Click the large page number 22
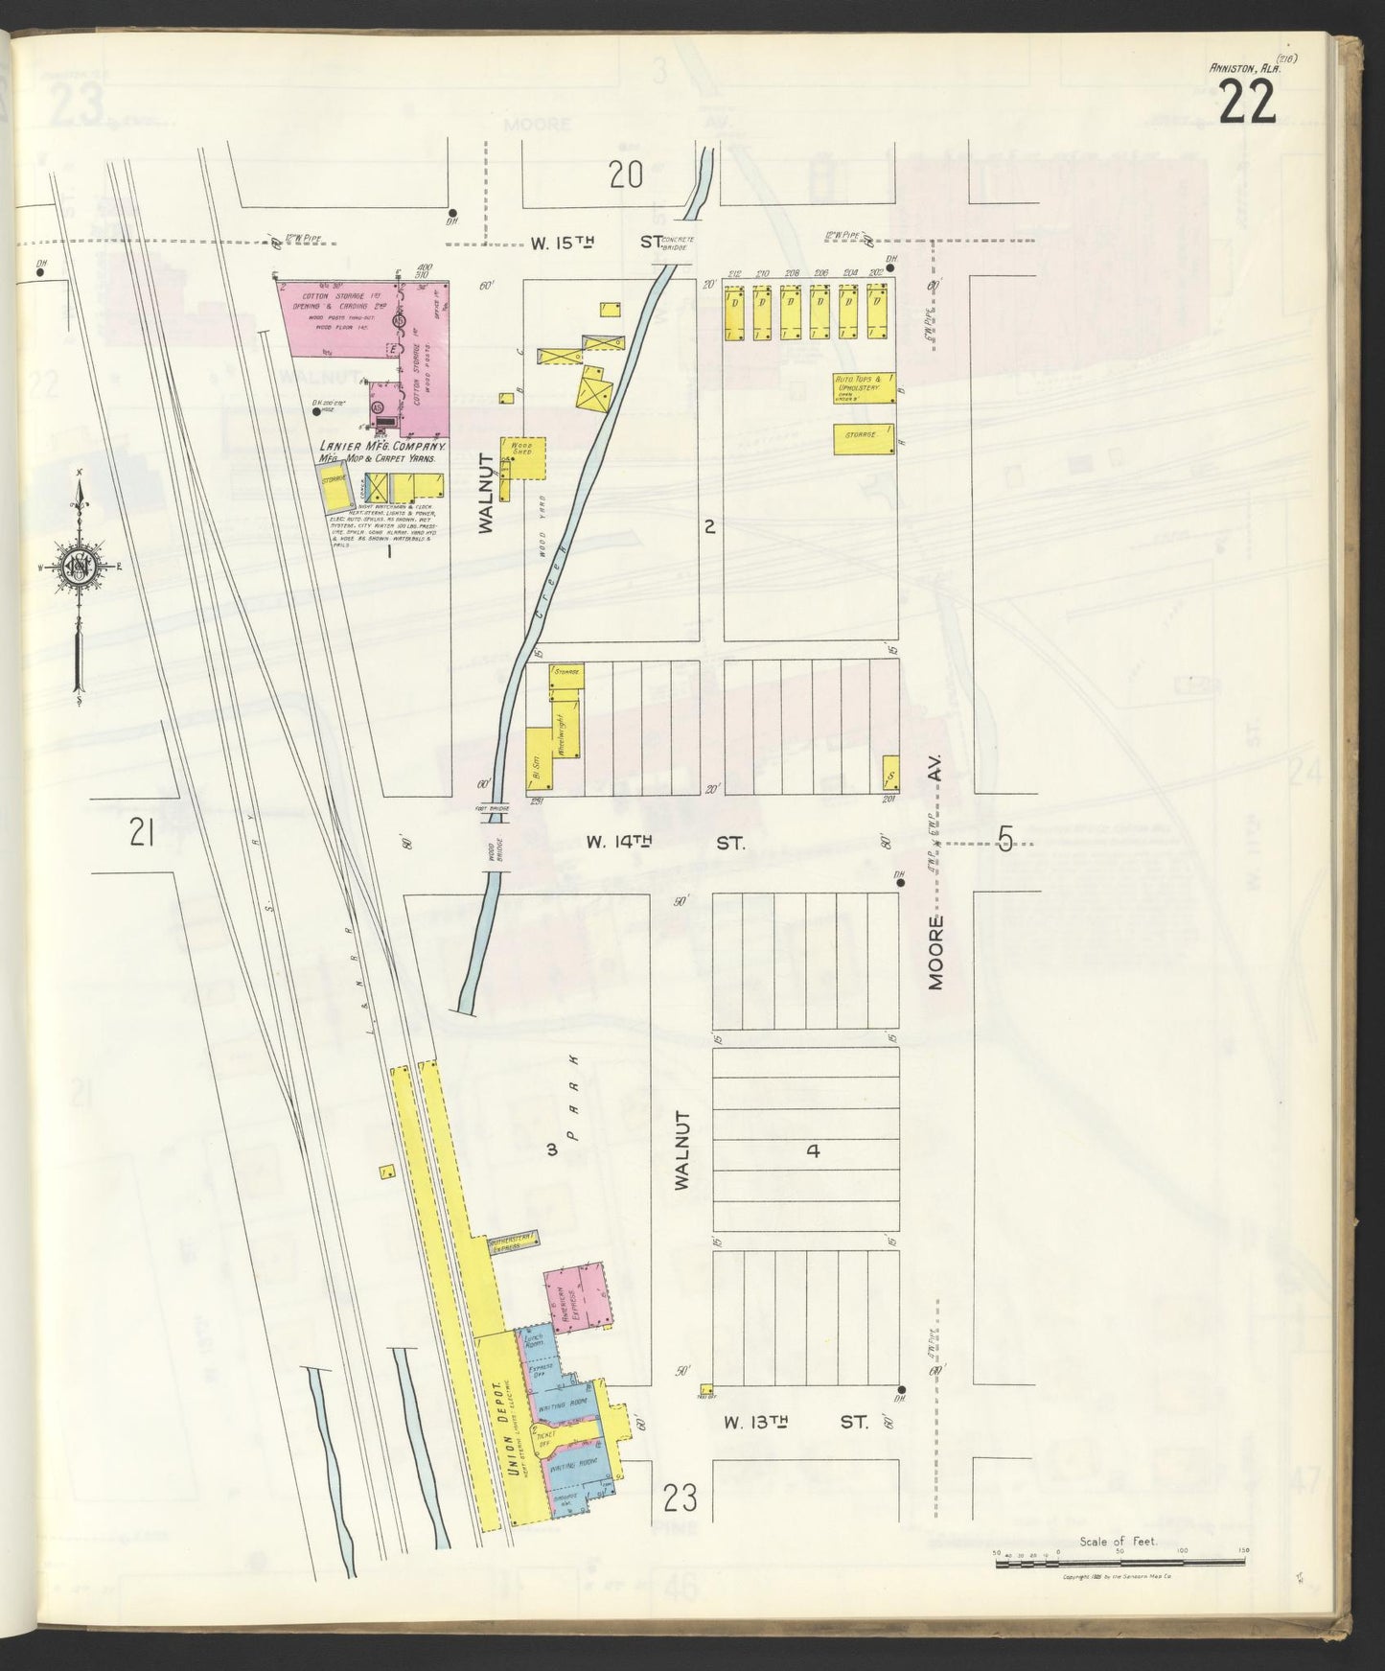[1247, 101]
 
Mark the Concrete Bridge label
[678, 243]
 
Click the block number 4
[813, 1150]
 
